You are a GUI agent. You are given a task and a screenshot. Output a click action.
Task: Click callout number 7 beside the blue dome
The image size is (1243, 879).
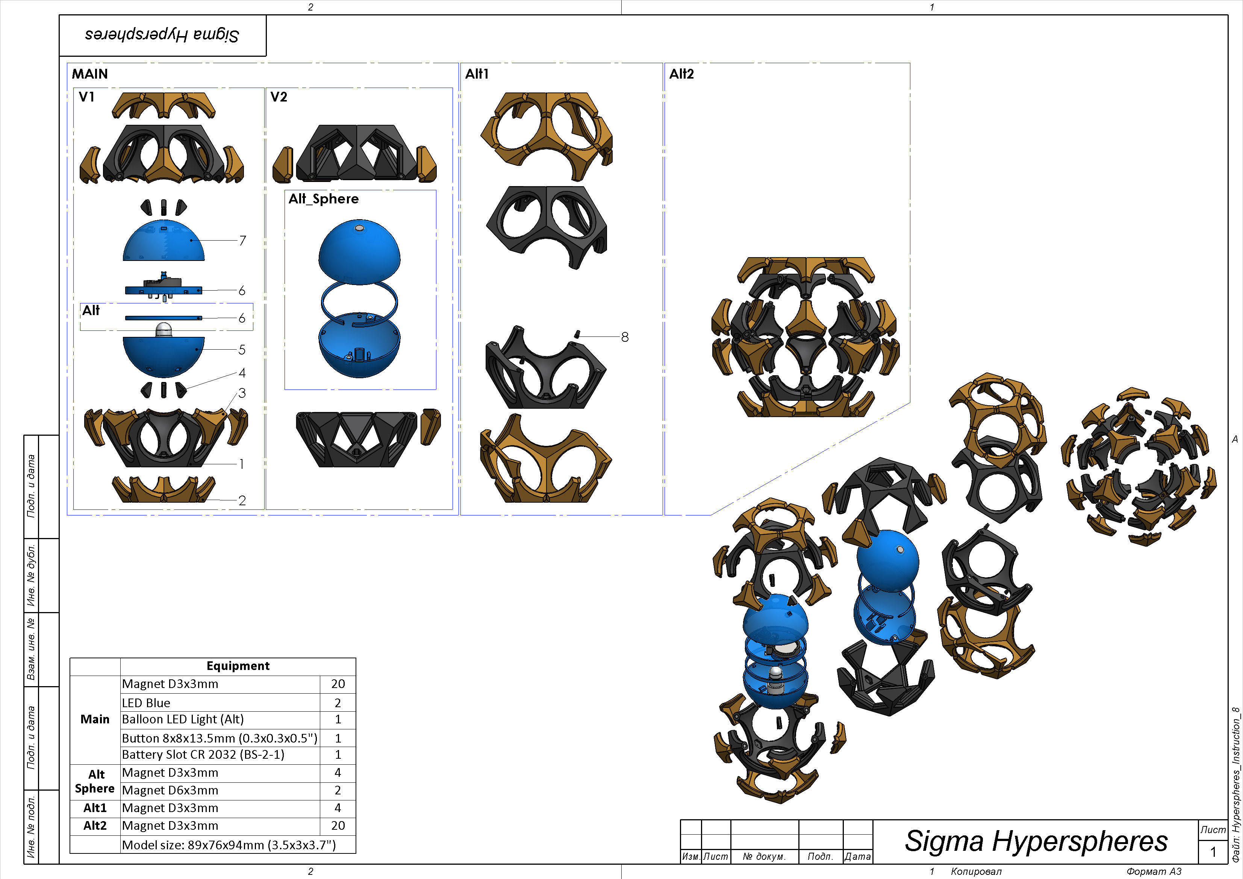tap(242, 241)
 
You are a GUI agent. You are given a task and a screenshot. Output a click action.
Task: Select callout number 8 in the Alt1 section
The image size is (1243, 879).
tap(625, 337)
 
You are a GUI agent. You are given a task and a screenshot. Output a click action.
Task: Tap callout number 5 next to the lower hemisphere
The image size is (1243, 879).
tap(242, 350)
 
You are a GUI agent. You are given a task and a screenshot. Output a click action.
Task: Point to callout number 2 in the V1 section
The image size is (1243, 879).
tap(242, 500)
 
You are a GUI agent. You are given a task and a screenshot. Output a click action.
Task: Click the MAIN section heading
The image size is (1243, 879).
tap(90, 74)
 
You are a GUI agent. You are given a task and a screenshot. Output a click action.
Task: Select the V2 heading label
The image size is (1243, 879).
tap(279, 97)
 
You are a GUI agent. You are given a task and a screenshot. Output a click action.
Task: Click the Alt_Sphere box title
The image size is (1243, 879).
tap(323, 199)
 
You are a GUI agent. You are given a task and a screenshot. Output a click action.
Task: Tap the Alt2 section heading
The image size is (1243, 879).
tap(681, 74)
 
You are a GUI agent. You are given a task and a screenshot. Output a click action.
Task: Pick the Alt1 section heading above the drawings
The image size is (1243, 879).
tap(477, 74)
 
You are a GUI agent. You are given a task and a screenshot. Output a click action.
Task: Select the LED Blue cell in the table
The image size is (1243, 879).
tap(146, 703)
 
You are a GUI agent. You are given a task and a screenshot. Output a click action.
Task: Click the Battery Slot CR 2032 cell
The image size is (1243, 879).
tap(203, 755)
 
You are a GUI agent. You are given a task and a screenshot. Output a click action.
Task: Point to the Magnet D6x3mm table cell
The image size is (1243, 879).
tap(170, 790)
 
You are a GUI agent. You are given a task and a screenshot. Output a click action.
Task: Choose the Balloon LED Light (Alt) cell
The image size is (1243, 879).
tap(183, 719)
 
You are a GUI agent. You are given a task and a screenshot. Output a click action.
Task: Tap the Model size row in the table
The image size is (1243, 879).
tap(229, 845)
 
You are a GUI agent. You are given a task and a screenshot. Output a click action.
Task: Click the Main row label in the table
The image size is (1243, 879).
tap(95, 719)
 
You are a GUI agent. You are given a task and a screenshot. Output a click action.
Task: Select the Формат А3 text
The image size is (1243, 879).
tap(1154, 871)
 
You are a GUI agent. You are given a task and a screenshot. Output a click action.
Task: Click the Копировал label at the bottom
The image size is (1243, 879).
tap(976, 871)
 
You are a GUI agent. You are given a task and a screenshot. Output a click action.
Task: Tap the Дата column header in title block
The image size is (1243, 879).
tap(857, 856)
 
